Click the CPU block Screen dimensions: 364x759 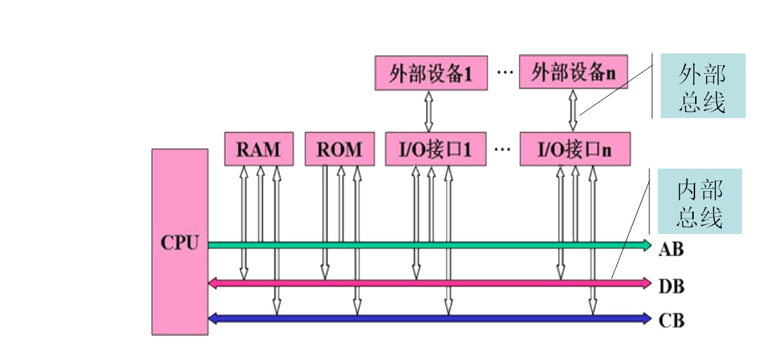tap(180, 242)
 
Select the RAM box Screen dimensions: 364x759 tap(258, 149)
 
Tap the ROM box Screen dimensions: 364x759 tap(339, 149)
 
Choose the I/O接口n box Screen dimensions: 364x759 tap(574, 149)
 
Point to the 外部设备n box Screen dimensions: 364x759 tap(572, 73)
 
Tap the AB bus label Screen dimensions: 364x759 tap(671, 249)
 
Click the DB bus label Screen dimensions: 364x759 tap(671, 287)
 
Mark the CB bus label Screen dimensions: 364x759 tap(671, 321)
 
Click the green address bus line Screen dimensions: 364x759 tap(421, 245)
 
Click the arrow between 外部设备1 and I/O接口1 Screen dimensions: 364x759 tap(429, 110)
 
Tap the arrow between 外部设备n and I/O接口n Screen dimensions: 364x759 tap(572, 110)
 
